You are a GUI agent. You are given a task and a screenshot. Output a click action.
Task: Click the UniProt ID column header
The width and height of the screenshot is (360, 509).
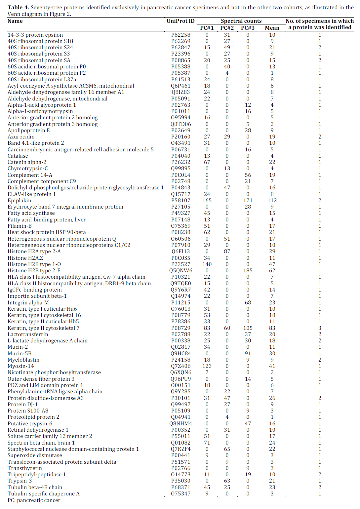click(180, 21)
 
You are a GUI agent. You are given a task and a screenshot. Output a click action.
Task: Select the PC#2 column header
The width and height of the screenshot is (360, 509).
click(227, 28)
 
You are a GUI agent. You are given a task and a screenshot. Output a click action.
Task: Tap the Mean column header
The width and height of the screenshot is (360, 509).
click(272, 28)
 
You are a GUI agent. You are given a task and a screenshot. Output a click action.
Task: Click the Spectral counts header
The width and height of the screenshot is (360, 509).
click(241, 21)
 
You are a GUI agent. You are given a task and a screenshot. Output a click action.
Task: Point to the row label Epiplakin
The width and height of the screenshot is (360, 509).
click(20, 200)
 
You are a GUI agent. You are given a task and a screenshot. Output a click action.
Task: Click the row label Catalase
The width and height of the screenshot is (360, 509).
click(18, 156)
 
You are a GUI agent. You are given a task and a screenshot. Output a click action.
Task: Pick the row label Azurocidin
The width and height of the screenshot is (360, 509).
click(21, 137)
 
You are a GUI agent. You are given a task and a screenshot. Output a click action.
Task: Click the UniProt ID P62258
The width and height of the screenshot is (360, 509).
click(180, 35)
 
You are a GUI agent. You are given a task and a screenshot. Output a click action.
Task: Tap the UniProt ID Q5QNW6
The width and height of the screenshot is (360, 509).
click(180, 270)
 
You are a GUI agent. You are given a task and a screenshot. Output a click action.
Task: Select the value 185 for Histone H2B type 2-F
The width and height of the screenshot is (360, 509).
click(248, 270)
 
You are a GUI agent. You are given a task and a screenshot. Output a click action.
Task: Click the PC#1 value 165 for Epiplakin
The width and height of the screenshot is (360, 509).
click(207, 200)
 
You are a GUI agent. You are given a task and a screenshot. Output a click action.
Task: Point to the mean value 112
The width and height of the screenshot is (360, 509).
click(272, 200)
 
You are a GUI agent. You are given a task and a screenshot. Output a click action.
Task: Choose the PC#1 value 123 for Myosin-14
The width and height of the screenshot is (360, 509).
click(207, 366)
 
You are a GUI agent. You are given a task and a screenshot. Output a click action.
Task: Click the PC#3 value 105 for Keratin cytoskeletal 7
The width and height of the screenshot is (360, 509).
click(248, 328)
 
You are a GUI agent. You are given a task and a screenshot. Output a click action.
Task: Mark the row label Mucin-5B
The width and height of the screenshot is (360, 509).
click(20, 353)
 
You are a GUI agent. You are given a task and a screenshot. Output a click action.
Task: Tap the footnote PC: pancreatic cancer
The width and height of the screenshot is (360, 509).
click(34, 500)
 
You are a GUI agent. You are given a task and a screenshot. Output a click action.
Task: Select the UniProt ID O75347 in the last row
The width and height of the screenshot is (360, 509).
click(180, 493)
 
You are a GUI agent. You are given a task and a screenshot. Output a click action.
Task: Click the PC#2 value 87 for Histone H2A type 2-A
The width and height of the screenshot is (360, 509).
click(227, 251)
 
